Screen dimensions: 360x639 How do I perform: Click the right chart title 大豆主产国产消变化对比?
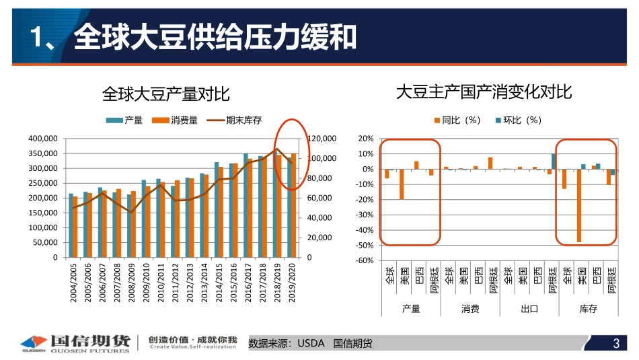click(484, 92)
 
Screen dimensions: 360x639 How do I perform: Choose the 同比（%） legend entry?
click(457, 120)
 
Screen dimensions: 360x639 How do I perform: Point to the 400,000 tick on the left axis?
click(43, 139)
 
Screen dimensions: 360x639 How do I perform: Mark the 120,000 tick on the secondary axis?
click(321, 139)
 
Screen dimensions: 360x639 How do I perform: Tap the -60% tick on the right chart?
click(365, 261)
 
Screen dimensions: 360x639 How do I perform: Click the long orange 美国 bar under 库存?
click(578, 205)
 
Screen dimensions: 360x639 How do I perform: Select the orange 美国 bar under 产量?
click(402, 184)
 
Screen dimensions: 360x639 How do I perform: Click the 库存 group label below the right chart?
click(589, 309)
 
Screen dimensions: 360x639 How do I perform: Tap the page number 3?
click(615, 344)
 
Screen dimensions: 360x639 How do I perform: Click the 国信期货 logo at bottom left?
click(74, 343)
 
